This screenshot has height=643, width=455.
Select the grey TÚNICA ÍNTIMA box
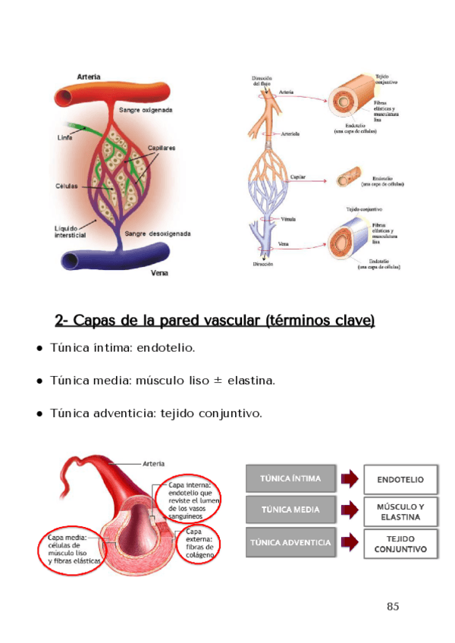tap(290, 478)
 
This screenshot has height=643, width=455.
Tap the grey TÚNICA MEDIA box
tap(290, 510)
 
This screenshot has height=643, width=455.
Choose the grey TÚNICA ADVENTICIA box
tap(290, 542)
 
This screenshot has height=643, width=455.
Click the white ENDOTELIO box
tap(400, 479)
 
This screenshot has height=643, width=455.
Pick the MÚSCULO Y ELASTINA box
tap(400, 512)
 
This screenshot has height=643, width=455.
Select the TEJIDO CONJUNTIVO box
tap(400, 543)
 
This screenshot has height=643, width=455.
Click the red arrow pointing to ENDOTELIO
tap(348, 479)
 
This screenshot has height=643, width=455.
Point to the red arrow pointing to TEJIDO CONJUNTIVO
tap(348, 543)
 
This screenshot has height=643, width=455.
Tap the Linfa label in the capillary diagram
tap(64, 138)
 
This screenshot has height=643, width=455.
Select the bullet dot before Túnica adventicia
tap(39, 414)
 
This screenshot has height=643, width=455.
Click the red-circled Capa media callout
tap(69, 551)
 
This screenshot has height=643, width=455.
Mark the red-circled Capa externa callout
tap(199, 542)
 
